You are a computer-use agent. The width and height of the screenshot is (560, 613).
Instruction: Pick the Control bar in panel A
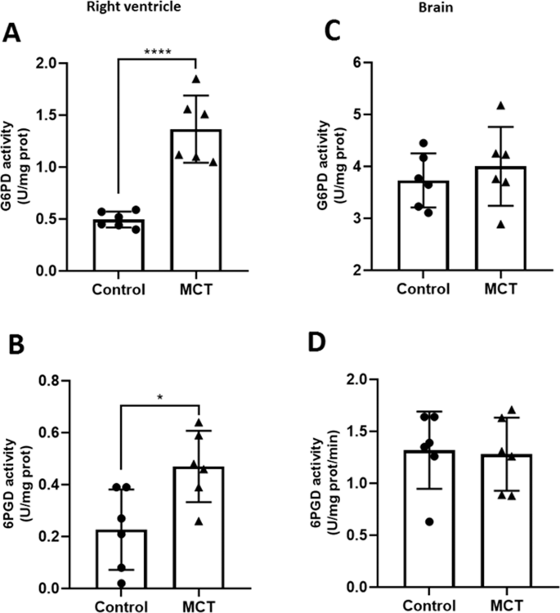119,244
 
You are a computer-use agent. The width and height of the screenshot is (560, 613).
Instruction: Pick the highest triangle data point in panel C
501,105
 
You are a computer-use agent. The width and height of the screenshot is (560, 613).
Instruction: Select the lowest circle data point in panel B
121,583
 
